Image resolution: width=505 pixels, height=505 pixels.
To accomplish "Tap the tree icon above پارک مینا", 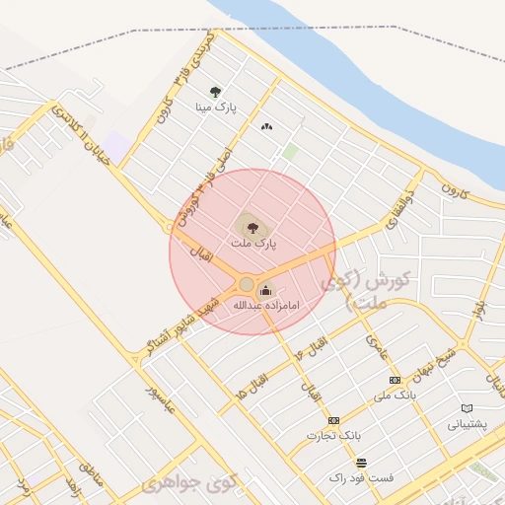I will click(215, 92).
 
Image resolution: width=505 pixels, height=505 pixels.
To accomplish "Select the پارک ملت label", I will click(253, 242).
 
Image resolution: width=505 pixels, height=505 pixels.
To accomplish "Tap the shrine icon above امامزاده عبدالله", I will click(264, 290).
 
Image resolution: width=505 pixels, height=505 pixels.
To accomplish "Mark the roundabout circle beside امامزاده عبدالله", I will click(246, 285).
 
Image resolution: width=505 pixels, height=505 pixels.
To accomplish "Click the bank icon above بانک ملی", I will click(395, 381).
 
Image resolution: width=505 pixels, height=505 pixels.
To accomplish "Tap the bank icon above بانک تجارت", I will click(333, 420).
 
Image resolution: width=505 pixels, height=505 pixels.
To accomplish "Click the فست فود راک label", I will click(361, 477).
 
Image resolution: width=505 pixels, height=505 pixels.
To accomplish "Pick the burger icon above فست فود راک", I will click(361, 462).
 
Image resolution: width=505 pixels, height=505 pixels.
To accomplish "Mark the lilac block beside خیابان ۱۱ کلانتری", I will click(116, 148).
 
